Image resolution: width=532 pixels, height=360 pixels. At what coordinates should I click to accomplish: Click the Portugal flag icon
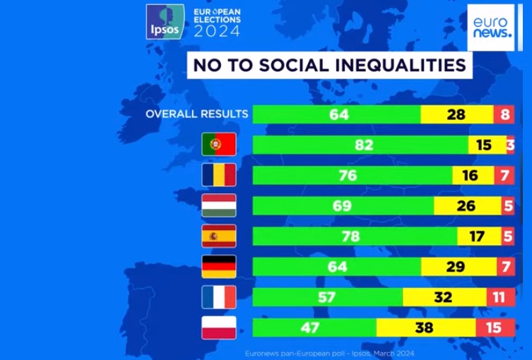click(218, 145)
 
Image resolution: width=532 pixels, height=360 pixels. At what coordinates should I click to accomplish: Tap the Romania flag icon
click(218, 175)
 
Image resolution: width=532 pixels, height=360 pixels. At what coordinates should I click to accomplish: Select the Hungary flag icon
click(218, 205)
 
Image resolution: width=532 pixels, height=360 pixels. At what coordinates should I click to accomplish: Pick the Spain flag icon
click(218, 236)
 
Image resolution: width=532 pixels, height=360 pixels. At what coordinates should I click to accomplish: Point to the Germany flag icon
click(218, 266)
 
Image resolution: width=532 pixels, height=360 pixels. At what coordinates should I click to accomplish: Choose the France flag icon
click(218, 297)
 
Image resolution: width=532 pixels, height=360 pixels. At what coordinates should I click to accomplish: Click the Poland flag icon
click(218, 328)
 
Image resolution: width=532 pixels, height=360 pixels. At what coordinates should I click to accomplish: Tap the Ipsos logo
click(162, 22)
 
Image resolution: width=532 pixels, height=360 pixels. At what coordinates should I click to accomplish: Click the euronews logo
click(491, 27)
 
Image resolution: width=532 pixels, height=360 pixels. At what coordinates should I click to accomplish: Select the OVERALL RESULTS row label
click(196, 114)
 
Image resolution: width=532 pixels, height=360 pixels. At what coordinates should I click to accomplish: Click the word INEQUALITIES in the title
click(398, 66)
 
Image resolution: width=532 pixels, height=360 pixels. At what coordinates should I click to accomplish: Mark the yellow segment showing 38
click(425, 328)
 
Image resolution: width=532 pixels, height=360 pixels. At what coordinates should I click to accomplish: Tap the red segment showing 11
click(500, 297)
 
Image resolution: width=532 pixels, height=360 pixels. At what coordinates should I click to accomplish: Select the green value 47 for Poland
click(314, 328)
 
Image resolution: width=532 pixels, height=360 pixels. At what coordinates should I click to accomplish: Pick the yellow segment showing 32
click(444, 297)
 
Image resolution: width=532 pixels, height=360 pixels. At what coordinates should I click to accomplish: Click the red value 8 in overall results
click(504, 114)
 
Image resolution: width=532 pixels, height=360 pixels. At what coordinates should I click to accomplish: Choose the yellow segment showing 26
click(466, 205)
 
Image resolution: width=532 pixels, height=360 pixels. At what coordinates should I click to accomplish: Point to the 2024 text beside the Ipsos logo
click(216, 31)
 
